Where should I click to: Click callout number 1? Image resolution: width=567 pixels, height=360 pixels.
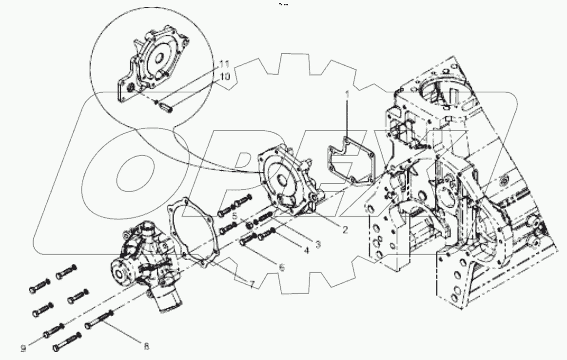[348, 93]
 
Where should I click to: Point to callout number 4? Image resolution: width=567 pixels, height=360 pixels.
[307, 251]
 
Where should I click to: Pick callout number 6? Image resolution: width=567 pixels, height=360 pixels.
[281, 267]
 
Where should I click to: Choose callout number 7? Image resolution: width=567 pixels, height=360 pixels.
[252, 285]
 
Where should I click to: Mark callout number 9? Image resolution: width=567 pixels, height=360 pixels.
[23, 348]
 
